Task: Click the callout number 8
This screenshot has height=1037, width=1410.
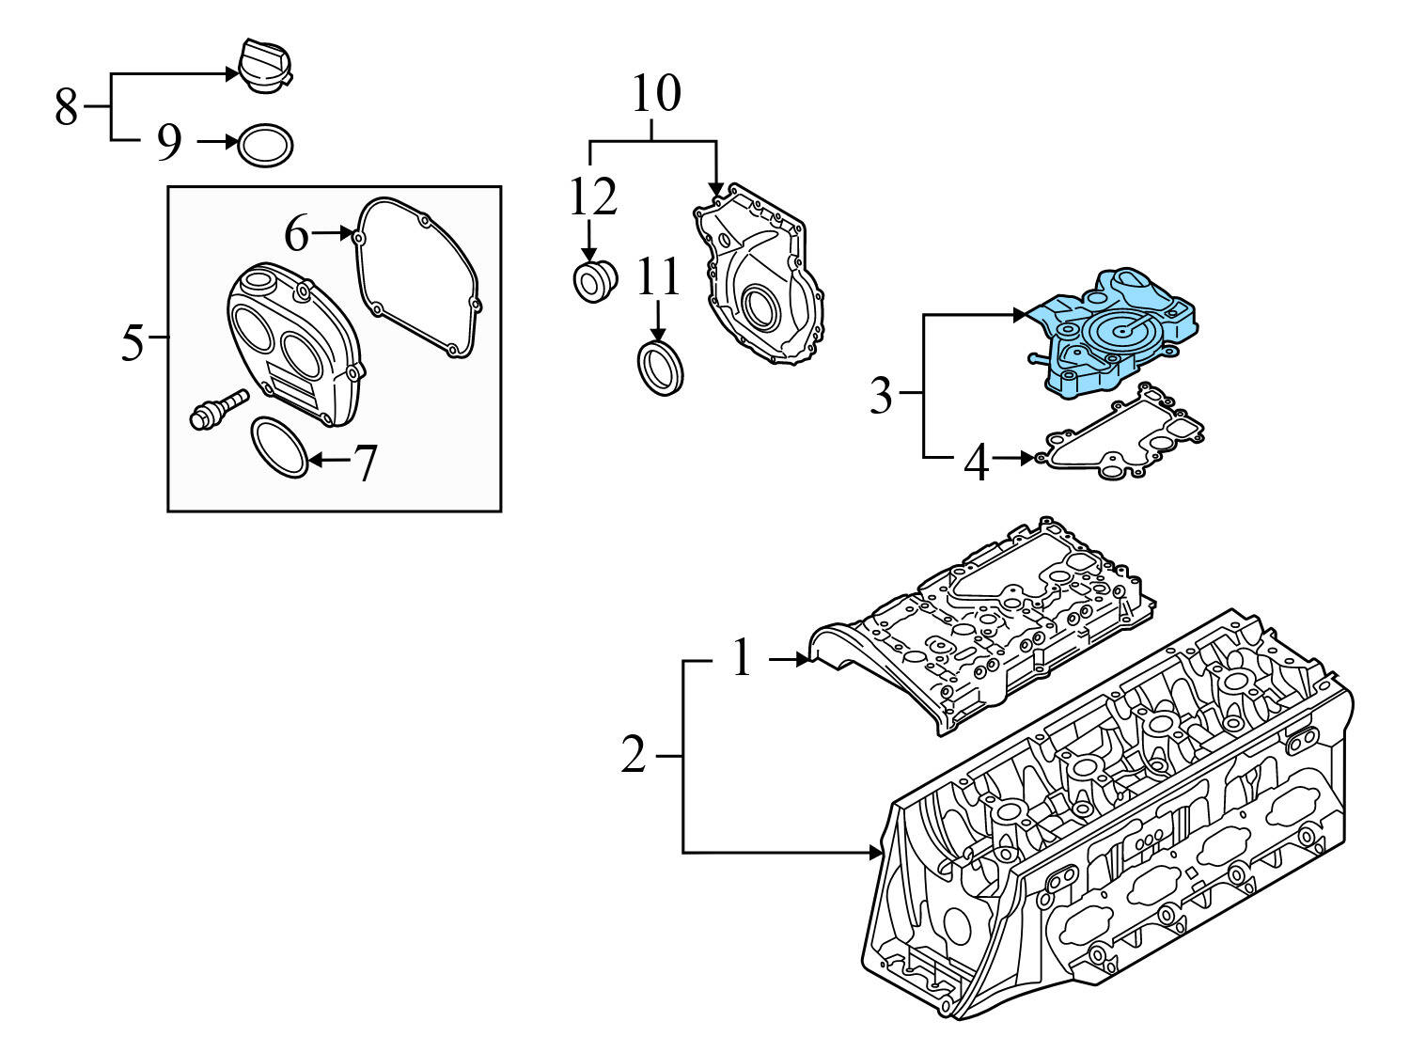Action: [x=66, y=107]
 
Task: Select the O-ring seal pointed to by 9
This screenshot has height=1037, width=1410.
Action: [x=264, y=145]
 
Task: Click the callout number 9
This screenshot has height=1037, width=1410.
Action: [x=168, y=142]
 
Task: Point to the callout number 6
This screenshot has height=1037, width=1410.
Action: [x=297, y=233]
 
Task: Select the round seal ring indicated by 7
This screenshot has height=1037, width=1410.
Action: [x=279, y=447]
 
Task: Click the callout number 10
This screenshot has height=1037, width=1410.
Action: [x=655, y=94]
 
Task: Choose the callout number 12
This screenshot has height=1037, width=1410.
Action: [x=592, y=197]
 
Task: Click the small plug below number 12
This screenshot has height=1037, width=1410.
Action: [x=594, y=282]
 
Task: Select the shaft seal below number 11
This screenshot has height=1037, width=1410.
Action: [x=660, y=368]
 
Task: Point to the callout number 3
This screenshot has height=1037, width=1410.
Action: [x=880, y=396]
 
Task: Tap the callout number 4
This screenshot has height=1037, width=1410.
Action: [x=978, y=463]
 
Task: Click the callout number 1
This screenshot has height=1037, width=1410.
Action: [x=743, y=658]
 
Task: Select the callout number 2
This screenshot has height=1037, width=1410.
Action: [x=634, y=755]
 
